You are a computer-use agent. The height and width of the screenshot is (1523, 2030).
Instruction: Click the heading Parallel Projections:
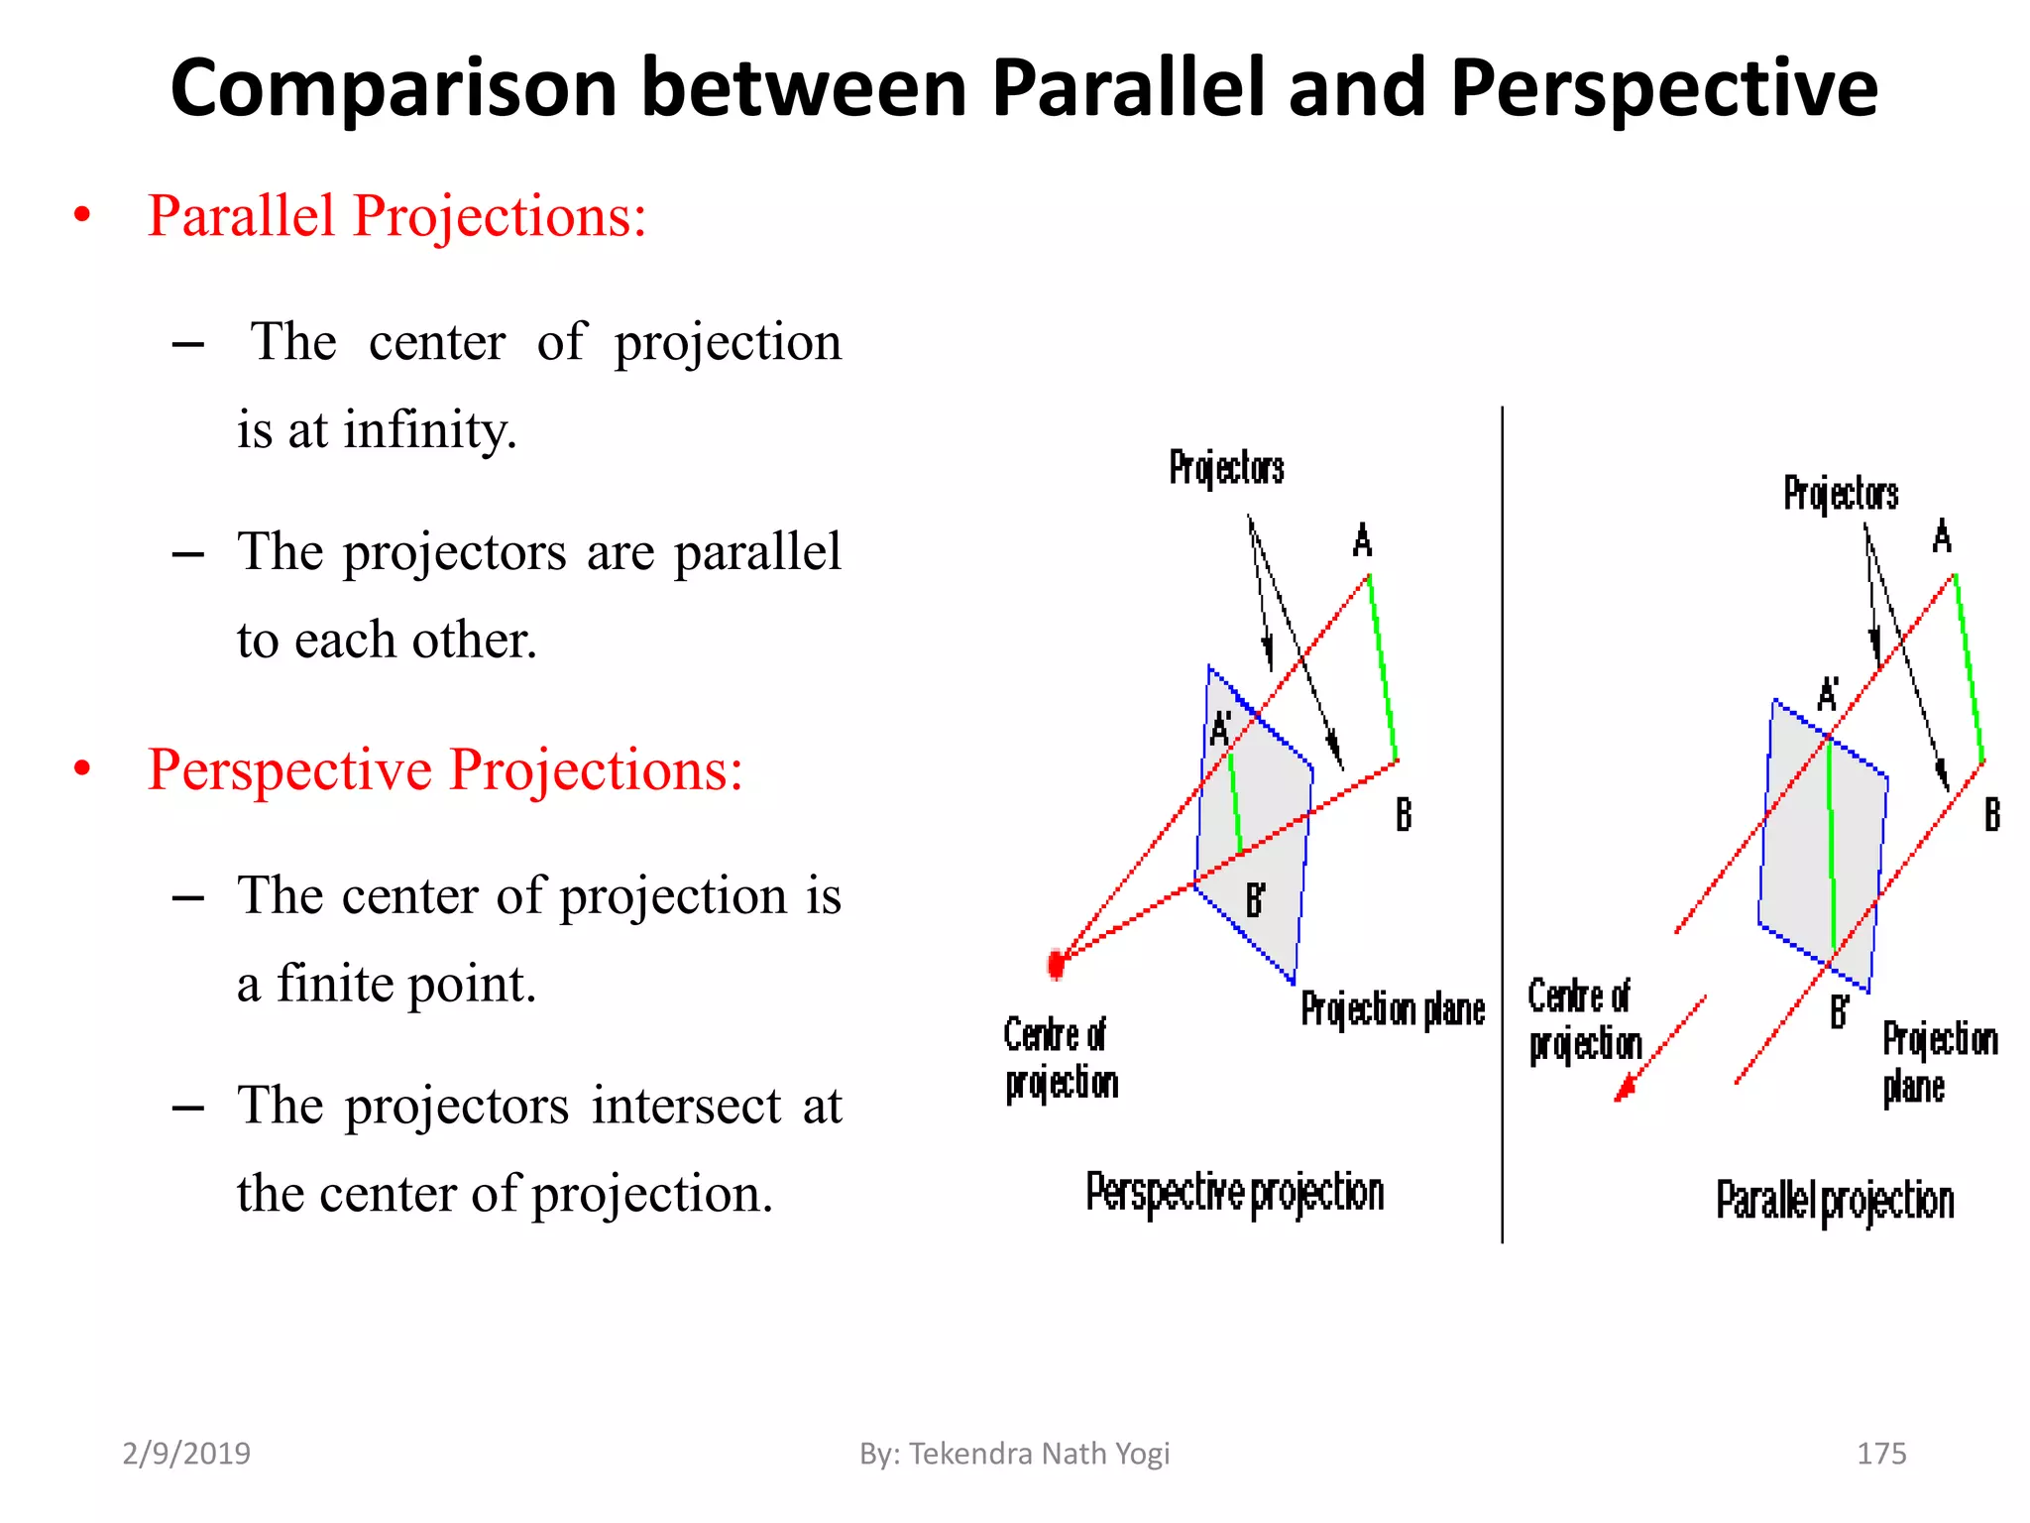396,216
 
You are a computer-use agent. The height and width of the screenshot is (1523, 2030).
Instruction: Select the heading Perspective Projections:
445,770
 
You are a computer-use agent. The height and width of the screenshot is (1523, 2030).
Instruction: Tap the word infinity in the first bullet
429,430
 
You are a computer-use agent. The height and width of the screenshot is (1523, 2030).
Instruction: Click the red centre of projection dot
1057,964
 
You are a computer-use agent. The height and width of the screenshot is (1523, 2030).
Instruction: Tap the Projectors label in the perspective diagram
1226,467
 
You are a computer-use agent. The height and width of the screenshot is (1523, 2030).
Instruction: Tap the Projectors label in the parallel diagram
1841,493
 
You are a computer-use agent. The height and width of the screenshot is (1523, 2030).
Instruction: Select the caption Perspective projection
1234,1193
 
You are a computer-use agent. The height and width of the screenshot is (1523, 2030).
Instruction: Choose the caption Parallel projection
1835,1201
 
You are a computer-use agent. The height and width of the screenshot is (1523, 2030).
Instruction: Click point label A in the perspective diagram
1363,541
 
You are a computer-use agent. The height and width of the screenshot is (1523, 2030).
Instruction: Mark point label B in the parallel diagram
1991,815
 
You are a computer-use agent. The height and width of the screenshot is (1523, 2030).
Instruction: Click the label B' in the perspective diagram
1255,900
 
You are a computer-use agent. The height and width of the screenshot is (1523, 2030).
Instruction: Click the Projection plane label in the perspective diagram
1393,1009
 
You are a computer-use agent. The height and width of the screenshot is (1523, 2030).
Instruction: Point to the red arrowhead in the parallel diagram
1624,1090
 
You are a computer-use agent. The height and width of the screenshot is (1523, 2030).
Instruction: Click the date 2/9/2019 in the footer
186,1454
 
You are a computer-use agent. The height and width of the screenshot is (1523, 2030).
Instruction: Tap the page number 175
1881,1454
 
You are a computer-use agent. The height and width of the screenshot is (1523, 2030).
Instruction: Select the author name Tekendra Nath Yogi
1039,1454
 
